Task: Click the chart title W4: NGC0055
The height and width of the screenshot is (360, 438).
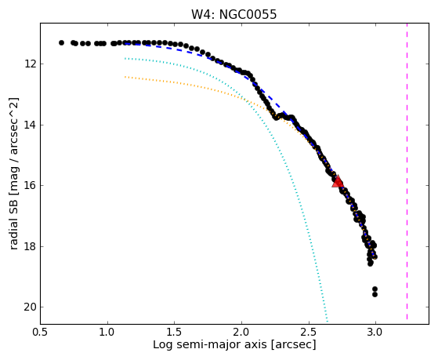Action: tap(233, 14)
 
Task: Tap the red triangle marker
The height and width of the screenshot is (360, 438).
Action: tap(338, 181)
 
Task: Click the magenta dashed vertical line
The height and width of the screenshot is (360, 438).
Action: tap(407, 171)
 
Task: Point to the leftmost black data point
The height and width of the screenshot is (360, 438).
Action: tap(61, 43)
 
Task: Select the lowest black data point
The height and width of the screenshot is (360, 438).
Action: tap(375, 295)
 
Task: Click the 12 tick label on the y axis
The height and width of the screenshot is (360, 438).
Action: tap(30, 64)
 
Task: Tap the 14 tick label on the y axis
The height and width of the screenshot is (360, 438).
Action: tap(30, 125)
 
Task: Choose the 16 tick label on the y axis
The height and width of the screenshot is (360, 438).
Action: tap(30, 186)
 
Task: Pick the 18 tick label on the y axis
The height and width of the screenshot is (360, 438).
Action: tap(30, 247)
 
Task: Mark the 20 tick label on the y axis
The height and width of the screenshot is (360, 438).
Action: tap(30, 307)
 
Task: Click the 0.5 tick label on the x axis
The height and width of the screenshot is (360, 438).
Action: tap(41, 332)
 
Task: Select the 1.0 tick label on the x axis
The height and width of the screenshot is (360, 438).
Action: tap(107, 332)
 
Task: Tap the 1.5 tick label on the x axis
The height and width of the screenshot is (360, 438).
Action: tap(175, 332)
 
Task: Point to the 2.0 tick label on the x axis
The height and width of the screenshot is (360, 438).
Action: tap(241, 332)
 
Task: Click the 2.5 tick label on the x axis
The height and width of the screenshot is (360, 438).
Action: tap(309, 332)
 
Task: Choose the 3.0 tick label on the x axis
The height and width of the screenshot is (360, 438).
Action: tap(375, 332)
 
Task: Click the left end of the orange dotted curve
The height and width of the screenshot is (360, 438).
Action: tap(125, 77)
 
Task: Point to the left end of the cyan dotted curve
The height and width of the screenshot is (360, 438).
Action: tap(125, 59)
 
